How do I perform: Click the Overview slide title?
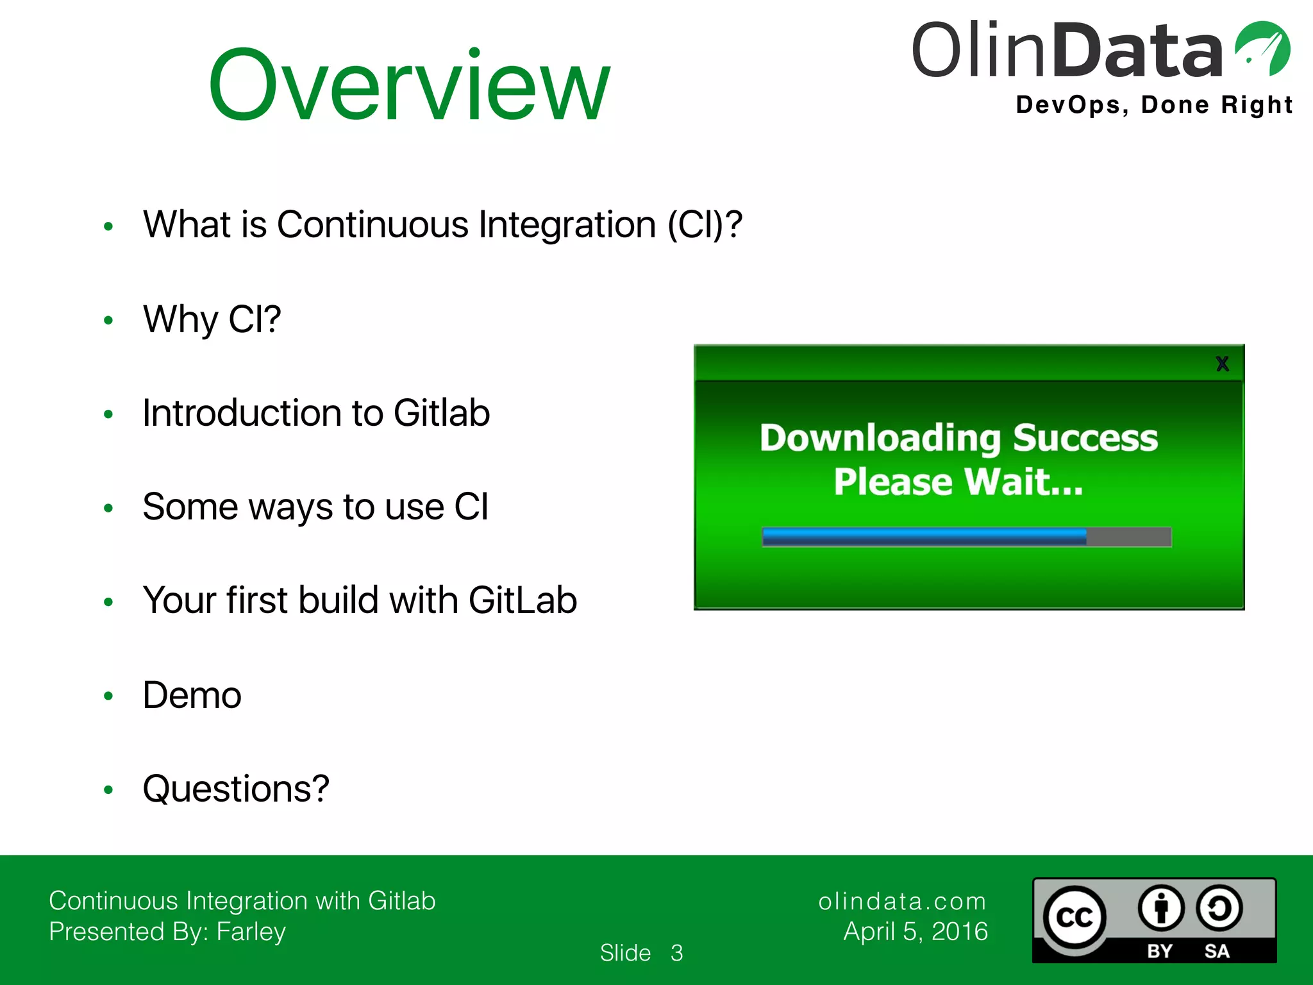[x=409, y=85]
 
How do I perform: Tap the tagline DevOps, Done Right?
[x=1154, y=105]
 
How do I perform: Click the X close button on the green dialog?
[x=1222, y=364]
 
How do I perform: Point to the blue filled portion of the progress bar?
[x=923, y=537]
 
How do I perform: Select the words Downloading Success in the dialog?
[x=958, y=438]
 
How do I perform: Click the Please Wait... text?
[x=958, y=482]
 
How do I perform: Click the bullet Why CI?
[x=212, y=319]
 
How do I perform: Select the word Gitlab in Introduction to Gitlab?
[x=442, y=413]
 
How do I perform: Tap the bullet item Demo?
[x=192, y=695]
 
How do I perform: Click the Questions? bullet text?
[x=235, y=789]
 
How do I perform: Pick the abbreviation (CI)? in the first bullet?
[x=705, y=225]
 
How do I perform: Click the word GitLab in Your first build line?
[x=523, y=601]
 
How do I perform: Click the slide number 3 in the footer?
[x=676, y=953]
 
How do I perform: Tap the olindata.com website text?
[x=902, y=902]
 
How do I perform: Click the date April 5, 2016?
[x=916, y=932]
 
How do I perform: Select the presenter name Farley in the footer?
[x=251, y=932]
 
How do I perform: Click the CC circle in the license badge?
[x=1075, y=918]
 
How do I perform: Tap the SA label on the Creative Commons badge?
[x=1216, y=951]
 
